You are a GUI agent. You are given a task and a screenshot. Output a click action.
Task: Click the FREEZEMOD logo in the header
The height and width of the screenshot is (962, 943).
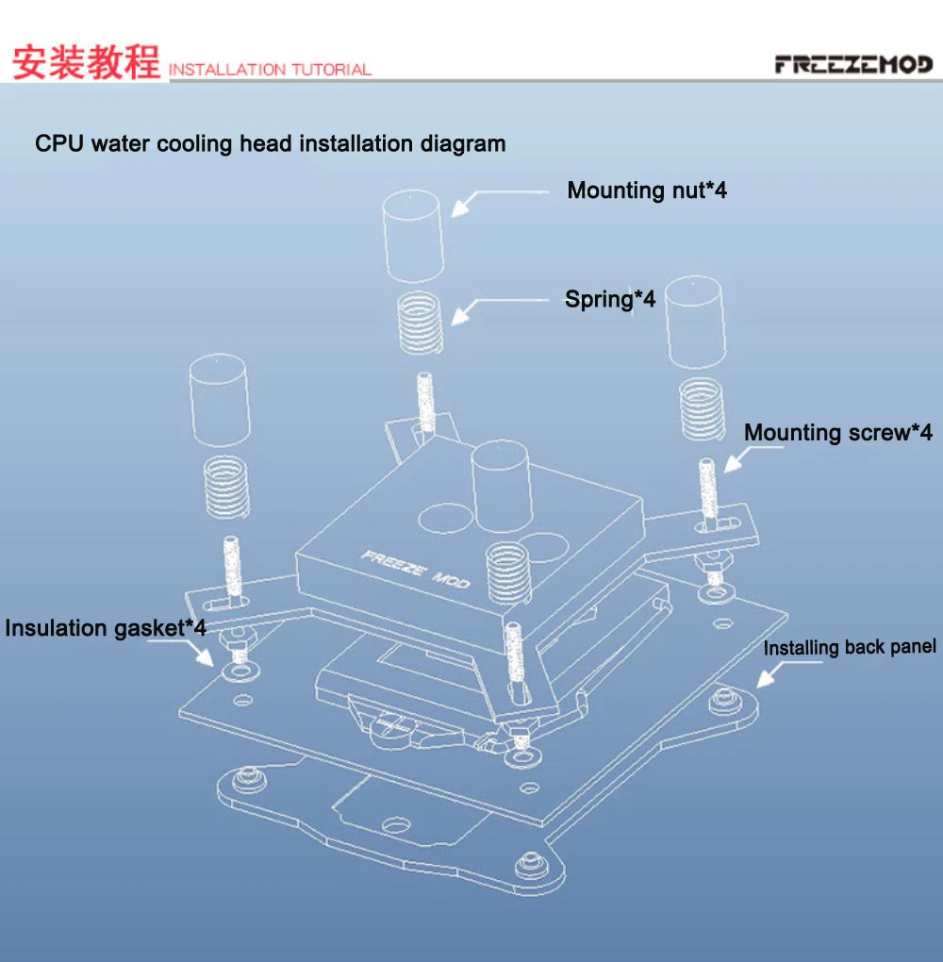pyautogui.click(x=853, y=64)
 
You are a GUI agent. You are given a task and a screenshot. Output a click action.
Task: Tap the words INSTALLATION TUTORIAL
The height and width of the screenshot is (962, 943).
pyautogui.click(x=270, y=69)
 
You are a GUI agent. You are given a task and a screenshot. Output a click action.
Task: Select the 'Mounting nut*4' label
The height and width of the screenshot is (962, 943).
pyautogui.click(x=647, y=191)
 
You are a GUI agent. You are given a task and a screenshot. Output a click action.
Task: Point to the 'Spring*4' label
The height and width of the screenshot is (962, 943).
pyautogui.click(x=610, y=299)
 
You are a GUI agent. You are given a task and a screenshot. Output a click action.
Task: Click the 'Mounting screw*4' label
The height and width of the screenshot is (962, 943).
pyautogui.click(x=837, y=433)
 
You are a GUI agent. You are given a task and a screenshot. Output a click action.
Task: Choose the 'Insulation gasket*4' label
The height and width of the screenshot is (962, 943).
pyautogui.click(x=105, y=628)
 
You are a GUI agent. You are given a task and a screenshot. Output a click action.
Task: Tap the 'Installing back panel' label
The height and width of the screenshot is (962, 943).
pyautogui.click(x=850, y=647)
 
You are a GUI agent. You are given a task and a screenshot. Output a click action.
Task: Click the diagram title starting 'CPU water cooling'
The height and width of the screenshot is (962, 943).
pyautogui.click(x=270, y=144)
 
